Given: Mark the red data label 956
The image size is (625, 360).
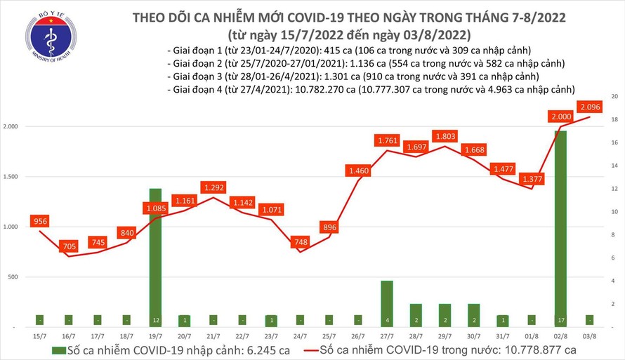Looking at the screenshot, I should click(41, 222).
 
